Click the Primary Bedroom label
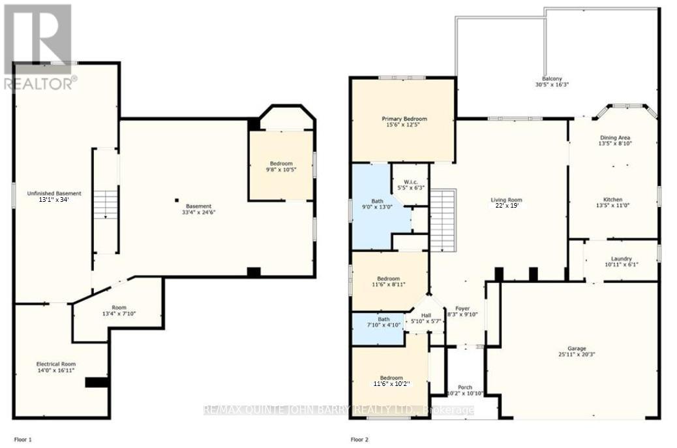tap(404, 118)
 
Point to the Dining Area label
tap(614, 138)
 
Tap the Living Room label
tap(506, 200)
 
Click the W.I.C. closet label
tap(410, 182)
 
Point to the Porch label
tap(465, 387)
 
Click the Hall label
tap(425, 315)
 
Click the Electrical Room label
tap(55, 364)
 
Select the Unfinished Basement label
tap(53, 193)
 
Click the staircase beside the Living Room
tap(443, 220)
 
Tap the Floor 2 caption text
tap(361, 440)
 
